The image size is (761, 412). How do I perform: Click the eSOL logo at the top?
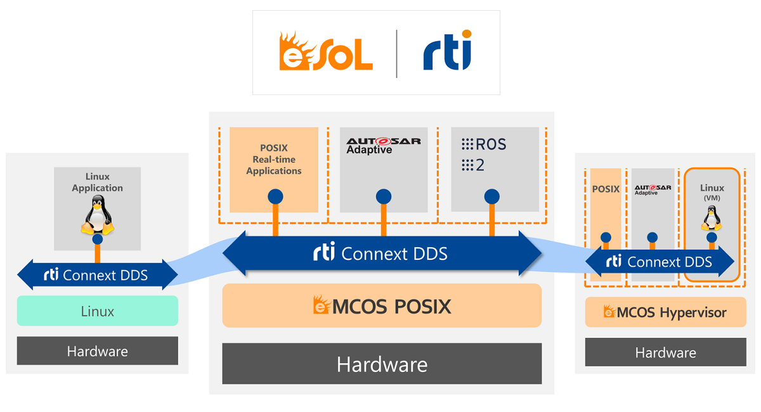(325, 53)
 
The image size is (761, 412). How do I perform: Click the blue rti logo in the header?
(448, 52)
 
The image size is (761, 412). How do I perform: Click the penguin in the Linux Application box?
(97, 216)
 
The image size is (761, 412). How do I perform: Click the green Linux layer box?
(98, 311)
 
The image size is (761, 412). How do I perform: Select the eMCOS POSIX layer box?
(382, 306)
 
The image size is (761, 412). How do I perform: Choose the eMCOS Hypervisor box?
(665, 312)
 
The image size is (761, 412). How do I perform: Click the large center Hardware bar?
(382, 364)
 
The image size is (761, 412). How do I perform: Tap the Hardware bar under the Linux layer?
(98, 351)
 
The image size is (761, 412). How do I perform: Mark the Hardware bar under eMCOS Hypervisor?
(665, 352)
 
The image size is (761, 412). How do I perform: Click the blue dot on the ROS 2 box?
(492, 196)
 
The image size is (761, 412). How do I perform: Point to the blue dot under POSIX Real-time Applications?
(275, 196)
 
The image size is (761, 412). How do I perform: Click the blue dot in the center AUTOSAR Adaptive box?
(383, 196)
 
